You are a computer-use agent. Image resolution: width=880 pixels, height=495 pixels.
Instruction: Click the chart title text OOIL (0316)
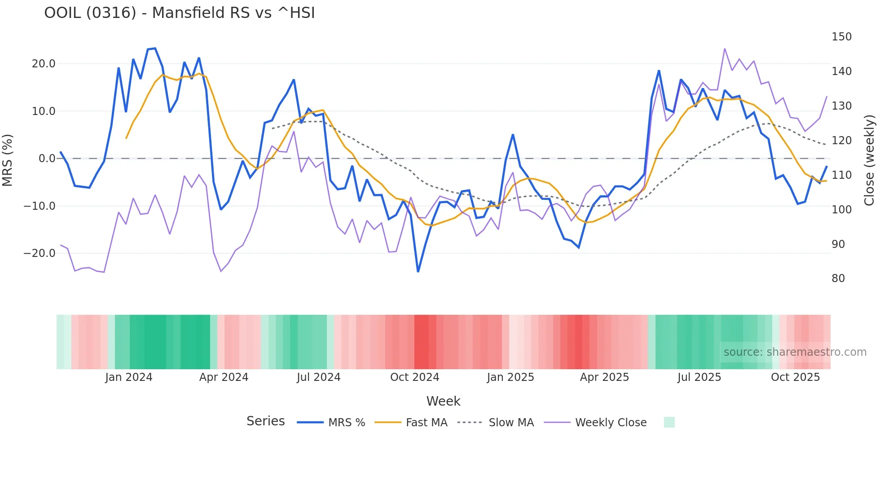[x=179, y=13]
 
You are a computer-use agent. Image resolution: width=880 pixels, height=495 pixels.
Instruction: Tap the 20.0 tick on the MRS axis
[x=44, y=64]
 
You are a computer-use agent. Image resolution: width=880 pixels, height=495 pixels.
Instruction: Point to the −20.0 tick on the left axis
[x=40, y=253]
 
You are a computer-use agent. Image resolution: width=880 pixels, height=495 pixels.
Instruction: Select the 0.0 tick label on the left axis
[x=47, y=159]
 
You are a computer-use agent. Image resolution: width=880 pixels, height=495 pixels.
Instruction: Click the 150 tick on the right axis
[x=841, y=37]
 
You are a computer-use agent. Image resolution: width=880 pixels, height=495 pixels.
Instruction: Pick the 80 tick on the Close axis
[x=838, y=278]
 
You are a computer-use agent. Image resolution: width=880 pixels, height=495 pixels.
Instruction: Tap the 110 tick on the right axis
[x=841, y=175]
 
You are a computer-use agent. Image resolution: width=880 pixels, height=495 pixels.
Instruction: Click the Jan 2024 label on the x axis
[x=129, y=377]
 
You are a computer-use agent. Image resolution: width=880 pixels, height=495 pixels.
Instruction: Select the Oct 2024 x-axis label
[x=414, y=377]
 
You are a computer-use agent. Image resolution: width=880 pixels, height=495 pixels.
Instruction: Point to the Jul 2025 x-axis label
[x=699, y=377]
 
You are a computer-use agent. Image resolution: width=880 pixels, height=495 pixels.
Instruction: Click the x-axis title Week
[x=443, y=401]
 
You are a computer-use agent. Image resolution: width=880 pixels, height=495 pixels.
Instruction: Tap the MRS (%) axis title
[x=8, y=160]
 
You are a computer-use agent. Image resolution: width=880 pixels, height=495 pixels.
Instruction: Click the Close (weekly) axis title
[x=870, y=160]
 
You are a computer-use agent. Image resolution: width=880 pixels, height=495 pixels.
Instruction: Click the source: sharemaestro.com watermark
[x=795, y=352]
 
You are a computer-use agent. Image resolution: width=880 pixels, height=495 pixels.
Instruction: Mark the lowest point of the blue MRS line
[x=418, y=271]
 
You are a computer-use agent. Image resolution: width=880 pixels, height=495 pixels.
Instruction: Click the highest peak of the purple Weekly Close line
[x=725, y=49]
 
